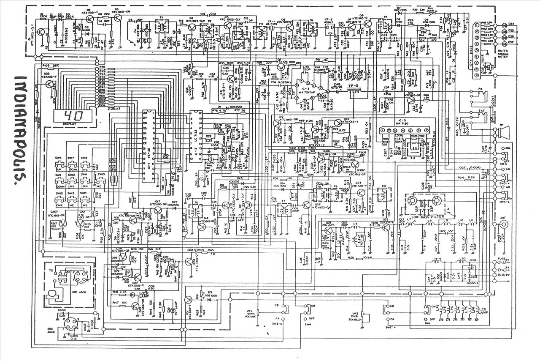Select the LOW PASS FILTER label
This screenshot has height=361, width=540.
coord(426,216)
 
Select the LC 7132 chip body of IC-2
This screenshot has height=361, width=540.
coord(195,139)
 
